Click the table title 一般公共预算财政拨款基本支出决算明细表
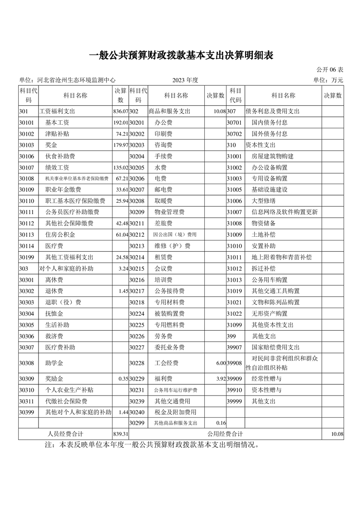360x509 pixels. click(x=180, y=56)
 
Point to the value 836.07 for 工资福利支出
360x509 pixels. click(x=120, y=111)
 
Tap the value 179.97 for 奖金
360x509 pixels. click(x=120, y=145)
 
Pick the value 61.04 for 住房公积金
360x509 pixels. click(x=121, y=235)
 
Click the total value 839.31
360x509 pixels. click(x=120, y=435)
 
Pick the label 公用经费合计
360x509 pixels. click(x=226, y=434)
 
